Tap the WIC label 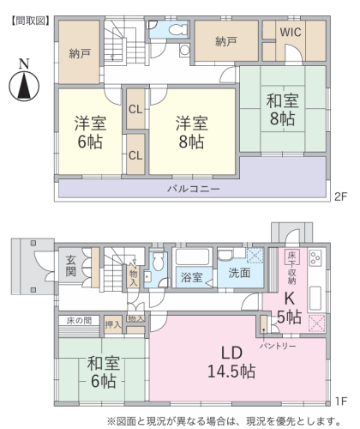(x=291, y=32)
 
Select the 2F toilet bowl (x=177, y=29)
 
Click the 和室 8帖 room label (x=282, y=110)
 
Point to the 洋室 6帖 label (x=90, y=132)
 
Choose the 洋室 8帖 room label (x=192, y=132)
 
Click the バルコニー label (x=194, y=189)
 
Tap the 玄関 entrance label (x=70, y=266)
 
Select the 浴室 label (x=191, y=277)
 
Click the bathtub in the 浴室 (x=192, y=257)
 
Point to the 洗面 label (x=239, y=273)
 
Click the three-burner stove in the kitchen (x=315, y=257)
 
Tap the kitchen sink (x=315, y=298)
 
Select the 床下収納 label (x=291, y=268)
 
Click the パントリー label (x=278, y=347)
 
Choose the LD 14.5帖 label (x=231, y=362)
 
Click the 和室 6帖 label (x=103, y=372)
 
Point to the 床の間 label (x=79, y=321)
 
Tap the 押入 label (x=113, y=324)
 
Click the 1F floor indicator (x=341, y=402)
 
